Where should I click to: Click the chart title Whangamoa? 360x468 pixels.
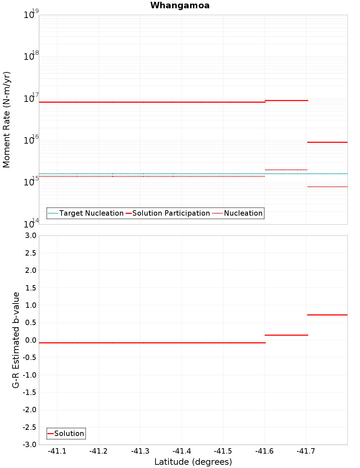pyautogui.click(x=180, y=5)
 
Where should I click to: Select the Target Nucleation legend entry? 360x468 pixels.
pyautogui.click(x=91, y=213)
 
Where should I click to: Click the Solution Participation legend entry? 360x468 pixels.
pyautogui.click(x=171, y=213)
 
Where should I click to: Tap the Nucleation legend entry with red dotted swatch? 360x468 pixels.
pyautogui.click(x=243, y=213)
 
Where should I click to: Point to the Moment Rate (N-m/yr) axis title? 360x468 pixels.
pyautogui.click(x=7, y=120)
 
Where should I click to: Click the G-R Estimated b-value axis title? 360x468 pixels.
pyautogui.click(x=16, y=340)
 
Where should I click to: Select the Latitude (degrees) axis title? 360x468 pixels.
pyautogui.click(x=193, y=462)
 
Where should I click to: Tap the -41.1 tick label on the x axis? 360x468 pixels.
pyautogui.click(x=57, y=451)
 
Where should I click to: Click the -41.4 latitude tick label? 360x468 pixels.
pyautogui.click(x=181, y=451)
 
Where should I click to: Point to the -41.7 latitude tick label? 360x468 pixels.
pyautogui.click(x=306, y=451)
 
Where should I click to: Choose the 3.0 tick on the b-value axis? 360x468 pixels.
pyautogui.click(x=30, y=236)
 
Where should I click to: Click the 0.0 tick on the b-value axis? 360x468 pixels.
pyautogui.click(x=30, y=340)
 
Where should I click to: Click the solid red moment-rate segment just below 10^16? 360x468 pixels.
pyautogui.click(x=327, y=142)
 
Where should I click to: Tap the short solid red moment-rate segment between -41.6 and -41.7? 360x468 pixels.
pyautogui.click(x=286, y=100)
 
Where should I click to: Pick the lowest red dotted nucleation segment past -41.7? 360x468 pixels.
pyautogui.click(x=327, y=187)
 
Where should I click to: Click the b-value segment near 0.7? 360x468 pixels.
pyautogui.click(x=327, y=315)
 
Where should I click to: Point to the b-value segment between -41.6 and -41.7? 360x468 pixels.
pyautogui.click(x=286, y=335)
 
